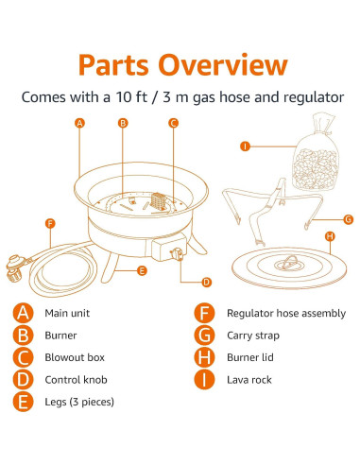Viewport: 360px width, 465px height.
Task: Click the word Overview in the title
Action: click(223, 64)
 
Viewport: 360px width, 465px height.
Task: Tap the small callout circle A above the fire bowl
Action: click(79, 123)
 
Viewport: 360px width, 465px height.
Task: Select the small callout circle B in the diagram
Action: click(123, 123)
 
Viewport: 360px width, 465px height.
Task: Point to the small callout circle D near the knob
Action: click(206, 282)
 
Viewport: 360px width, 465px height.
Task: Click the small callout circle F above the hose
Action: click(50, 224)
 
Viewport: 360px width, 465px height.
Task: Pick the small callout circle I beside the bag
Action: click(245, 146)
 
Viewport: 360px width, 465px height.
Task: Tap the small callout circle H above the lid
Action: click(330, 236)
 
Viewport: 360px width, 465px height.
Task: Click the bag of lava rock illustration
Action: click(316, 153)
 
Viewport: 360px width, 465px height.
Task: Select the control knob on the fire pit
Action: click(177, 254)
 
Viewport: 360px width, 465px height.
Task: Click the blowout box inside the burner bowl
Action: click(158, 201)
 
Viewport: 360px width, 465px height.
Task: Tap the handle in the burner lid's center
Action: click(289, 263)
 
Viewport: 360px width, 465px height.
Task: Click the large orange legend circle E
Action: click(23, 402)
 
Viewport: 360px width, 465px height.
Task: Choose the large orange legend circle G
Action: click(204, 336)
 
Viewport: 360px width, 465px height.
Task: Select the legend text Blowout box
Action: click(75, 357)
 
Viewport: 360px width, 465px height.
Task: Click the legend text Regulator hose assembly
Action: click(286, 314)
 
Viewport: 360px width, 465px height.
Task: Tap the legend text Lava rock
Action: click(249, 380)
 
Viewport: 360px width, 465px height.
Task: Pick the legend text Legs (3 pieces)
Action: click(79, 402)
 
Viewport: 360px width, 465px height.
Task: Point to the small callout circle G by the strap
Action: click(349, 219)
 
